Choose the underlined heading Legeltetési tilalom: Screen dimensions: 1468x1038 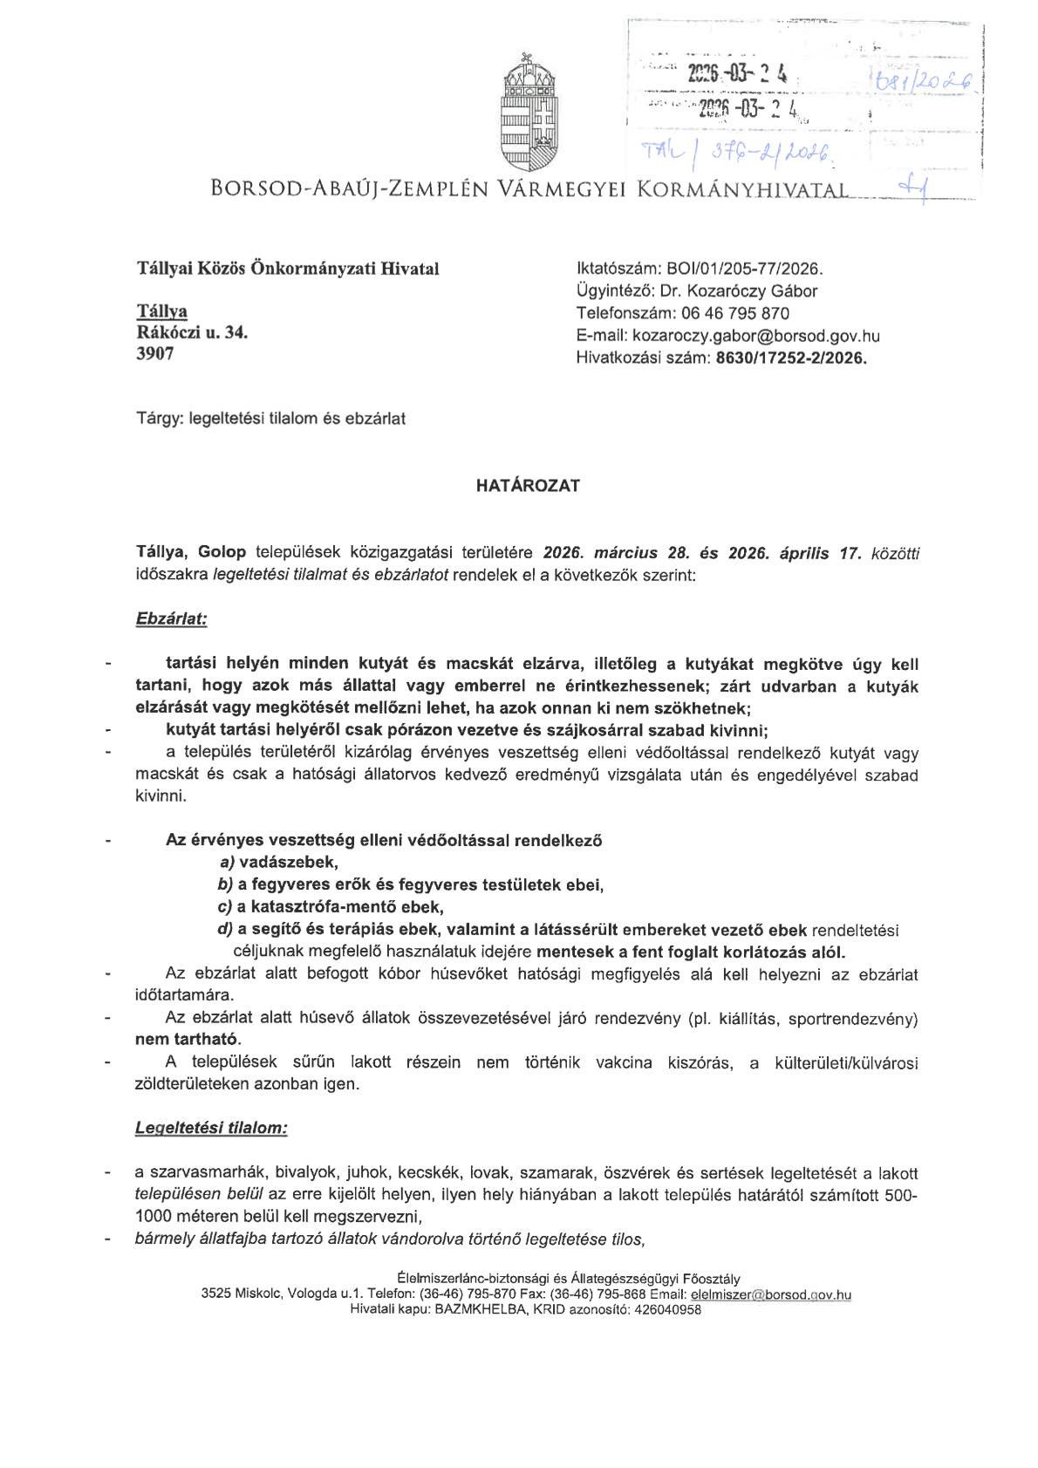[x=211, y=1127]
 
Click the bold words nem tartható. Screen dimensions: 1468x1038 [x=188, y=1040]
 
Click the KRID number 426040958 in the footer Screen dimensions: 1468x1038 [x=667, y=1309]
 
